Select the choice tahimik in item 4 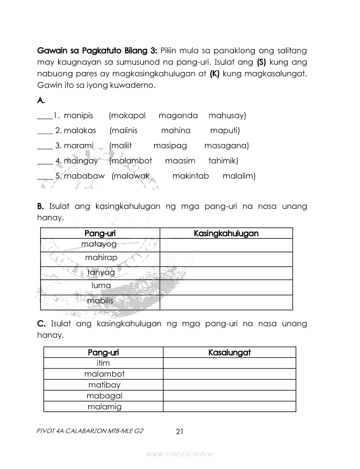pyautogui.click(x=223, y=161)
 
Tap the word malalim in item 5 pyautogui.click(x=239, y=176)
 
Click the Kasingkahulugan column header pyautogui.click(x=226, y=233)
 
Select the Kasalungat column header pyautogui.click(x=230, y=353)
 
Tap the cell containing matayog pyautogui.click(x=100, y=244)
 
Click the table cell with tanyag pyautogui.click(x=101, y=273)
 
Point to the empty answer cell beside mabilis pyautogui.click(x=226, y=302)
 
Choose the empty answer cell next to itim pyautogui.click(x=230, y=363)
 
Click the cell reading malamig pyautogui.click(x=104, y=407)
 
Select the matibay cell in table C pyautogui.click(x=104, y=385)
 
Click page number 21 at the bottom pyautogui.click(x=179, y=432)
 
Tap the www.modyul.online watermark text pyautogui.click(x=180, y=454)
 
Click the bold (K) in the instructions pyautogui.click(x=214, y=74)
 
